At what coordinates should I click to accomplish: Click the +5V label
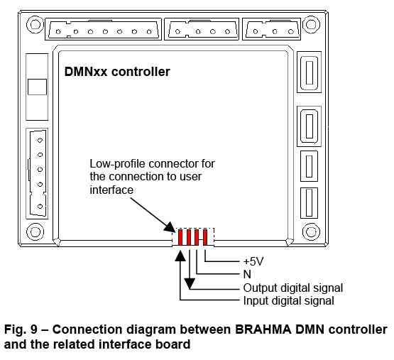(x=253, y=261)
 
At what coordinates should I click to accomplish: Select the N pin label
(x=247, y=274)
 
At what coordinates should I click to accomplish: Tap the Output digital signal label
(x=293, y=288)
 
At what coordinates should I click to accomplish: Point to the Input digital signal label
(x=289, y=301)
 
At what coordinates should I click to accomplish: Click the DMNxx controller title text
(x=117, y=72)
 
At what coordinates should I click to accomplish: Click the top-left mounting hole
(x=35, y=24)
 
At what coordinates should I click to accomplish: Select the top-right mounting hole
(x=311, y=24)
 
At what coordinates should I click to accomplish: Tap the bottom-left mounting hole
(x=35, y=231)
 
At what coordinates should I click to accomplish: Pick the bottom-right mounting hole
(x=311, y=231)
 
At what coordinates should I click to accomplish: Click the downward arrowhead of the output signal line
(x=190, y=283)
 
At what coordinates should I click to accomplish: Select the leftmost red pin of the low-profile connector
(x=180, y=237)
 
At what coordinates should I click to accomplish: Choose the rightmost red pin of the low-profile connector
(x=205, y=237)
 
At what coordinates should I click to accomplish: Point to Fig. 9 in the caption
(x=21, y=329)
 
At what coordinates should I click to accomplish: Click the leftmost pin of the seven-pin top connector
(x=58, y=32)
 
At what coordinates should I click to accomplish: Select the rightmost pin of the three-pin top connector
(x=291, y=32)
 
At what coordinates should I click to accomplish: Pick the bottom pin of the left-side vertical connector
(x=40, y=207)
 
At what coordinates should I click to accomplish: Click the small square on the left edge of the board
(x=37, y=87)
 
